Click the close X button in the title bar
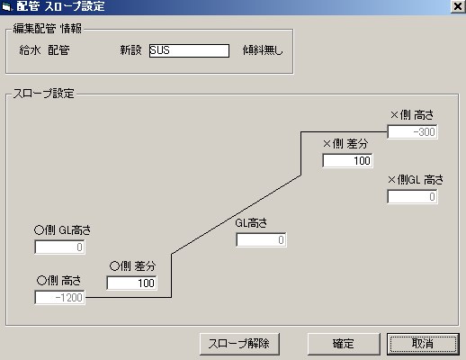click(x=458, y=6)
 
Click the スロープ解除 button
click(x=239, y=344)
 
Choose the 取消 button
click(x=423, y=344)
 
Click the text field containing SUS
click(x=189, y=50)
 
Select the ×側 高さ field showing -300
click(x=412, y=131)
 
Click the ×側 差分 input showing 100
click(x=347, y=160)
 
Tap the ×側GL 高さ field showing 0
click(x=412, y=196)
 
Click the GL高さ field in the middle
click(x=261, y=239)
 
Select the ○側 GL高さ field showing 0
click(x=59, y=247)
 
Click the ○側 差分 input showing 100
click(x=131, y=283)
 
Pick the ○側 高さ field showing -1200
click(x=59, y=297)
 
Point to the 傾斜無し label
click(x=263, y=50)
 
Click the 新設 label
click(x=130, y=50)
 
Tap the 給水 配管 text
click(x=44, y=50)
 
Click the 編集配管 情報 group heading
click(x=48, y=29)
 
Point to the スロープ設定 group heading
click(x=43, y=94)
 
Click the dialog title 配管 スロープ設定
click(x=60, y=6)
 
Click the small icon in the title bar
click(x=6, y=6)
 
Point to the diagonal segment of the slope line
click(x=236, y=215)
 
